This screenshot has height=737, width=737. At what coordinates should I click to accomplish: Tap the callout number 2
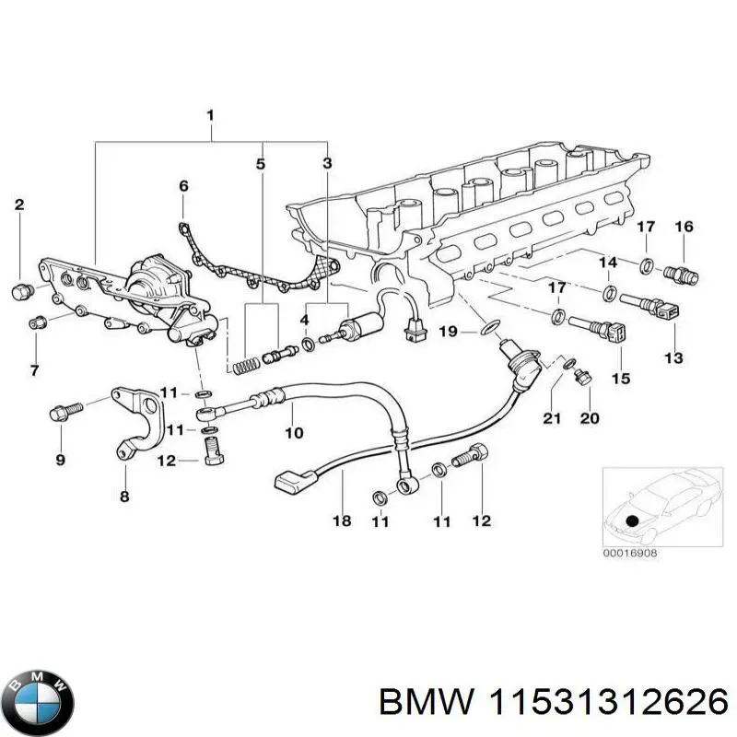(x=20, y=205)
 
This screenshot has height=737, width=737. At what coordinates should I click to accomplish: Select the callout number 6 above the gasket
(x=183, y=186)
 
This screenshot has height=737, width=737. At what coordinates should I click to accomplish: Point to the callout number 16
(x=684, y=227)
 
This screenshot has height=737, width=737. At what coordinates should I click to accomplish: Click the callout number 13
(x=673, y=357)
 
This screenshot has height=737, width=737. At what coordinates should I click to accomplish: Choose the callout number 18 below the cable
(x=341, y=521)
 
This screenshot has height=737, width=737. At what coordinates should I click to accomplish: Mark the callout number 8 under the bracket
(x=125, y=497)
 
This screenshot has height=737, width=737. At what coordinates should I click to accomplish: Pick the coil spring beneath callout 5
(x=243, y=363)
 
